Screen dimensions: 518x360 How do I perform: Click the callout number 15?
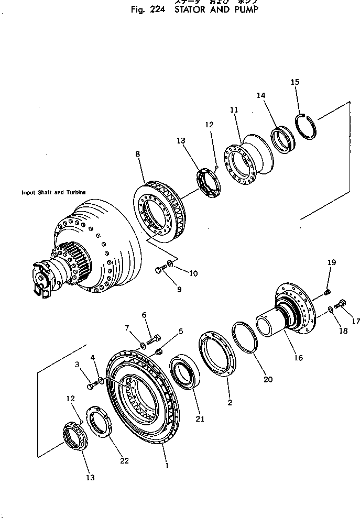pos(295,82)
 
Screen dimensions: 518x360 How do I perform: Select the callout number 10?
pos(179,273)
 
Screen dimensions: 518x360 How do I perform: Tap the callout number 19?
pos(331,262)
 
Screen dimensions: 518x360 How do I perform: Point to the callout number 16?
pos(298,358)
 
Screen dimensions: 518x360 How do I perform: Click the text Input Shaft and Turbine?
pos(53,192)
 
